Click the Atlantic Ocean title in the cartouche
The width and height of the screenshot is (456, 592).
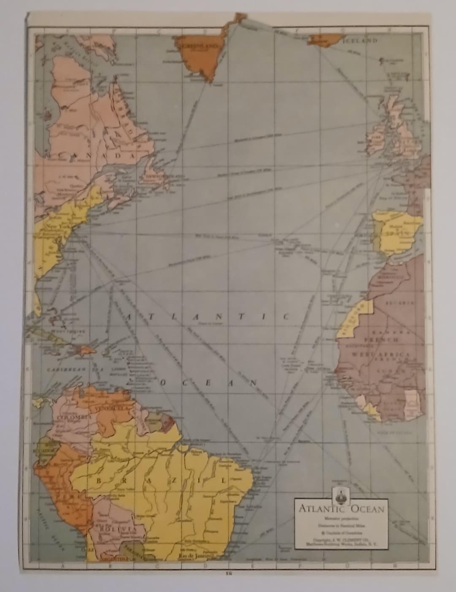(342, 508)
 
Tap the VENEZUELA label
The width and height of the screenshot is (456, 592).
(112, 408)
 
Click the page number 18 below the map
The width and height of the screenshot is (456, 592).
(228, 573)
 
